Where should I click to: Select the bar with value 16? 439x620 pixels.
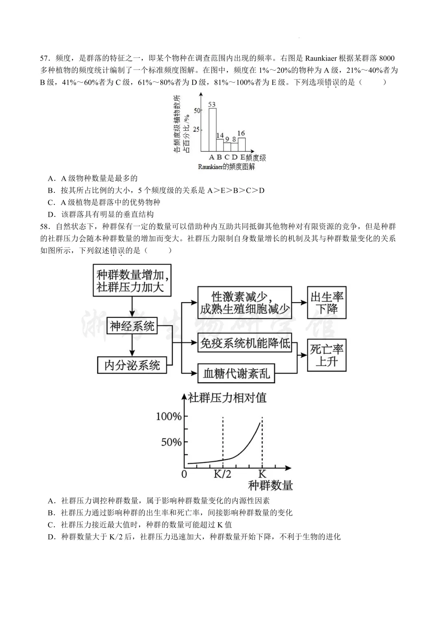click(241, 144)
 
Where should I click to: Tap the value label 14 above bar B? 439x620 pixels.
click(220, 135)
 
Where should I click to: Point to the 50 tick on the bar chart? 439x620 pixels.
click(197, 110)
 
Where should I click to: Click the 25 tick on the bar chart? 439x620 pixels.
click(197, 130)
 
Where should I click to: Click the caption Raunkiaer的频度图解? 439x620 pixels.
click(226, 167)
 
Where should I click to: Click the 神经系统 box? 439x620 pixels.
click(132, 326)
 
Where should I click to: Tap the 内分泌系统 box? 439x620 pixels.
click(132, 365)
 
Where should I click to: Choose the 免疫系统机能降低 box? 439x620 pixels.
click(246, 343)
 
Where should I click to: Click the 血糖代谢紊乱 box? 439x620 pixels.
click(236, 373)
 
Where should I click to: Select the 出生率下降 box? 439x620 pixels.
click(327, 302)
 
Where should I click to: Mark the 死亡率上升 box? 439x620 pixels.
click(327, 355)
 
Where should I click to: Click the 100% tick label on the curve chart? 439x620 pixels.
click(169, 416)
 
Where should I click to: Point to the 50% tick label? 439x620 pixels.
click(171, 442)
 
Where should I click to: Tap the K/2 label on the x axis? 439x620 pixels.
click(222, 474)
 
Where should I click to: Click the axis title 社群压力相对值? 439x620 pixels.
click(227, 397)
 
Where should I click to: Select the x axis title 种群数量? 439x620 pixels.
click(270, 485)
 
